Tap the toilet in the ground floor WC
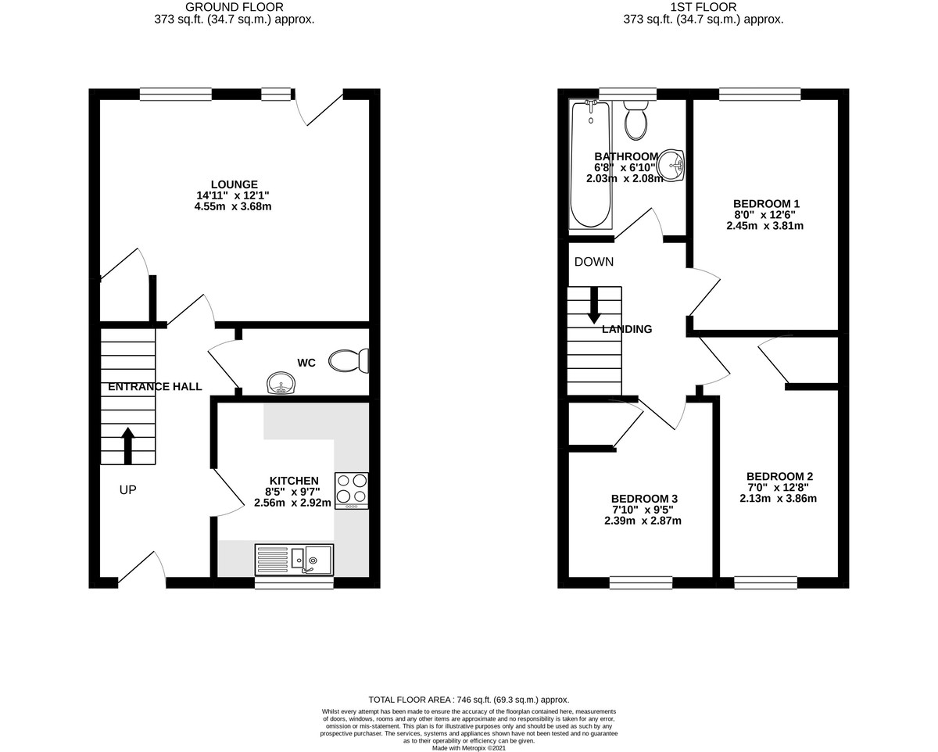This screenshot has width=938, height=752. [x=349, y=361]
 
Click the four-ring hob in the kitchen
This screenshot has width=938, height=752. [x=351, y=489]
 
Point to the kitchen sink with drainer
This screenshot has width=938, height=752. [x=294, y=559]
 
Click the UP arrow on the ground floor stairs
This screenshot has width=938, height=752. [x=128, y=446]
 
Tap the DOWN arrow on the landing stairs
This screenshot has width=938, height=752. [x=594, y=306]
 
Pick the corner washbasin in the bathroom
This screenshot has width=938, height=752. [x=671, y=165]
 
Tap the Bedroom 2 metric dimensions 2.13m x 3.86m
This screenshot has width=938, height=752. [x=778, y=498]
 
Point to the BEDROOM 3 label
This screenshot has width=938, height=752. [x=643, y=499]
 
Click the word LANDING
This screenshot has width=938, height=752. [x=627, y=330]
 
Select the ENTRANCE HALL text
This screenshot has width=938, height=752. [x=155, y=386]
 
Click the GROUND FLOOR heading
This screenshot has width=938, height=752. [x=234, y=7]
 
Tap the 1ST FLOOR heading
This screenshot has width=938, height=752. [x=703, y=7]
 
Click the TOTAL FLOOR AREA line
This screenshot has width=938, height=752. [x=468, y=700]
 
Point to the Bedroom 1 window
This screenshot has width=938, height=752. [x=760, y=95]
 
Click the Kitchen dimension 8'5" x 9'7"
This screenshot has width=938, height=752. [x=293, y=492]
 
